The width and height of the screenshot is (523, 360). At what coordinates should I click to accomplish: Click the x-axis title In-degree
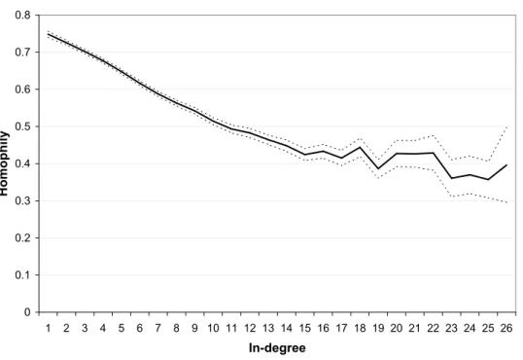click(277, 348)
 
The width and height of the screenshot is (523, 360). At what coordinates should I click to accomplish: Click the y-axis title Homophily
click(3, 163)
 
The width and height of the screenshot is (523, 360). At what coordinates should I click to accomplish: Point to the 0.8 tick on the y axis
click(22, 16)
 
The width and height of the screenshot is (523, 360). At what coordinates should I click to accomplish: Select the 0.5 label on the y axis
click(22, 126)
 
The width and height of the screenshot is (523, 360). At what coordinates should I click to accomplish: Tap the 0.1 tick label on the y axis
click(22, 275)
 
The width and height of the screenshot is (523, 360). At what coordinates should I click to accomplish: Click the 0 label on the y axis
click(27, 312)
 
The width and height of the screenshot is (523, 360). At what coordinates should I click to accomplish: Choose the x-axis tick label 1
click(48, 328)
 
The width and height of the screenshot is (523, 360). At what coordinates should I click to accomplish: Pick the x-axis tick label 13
click(268, 328)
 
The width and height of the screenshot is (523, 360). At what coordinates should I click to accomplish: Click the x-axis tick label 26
click(506, 328)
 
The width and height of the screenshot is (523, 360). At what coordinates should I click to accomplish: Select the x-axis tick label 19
click(378, 328)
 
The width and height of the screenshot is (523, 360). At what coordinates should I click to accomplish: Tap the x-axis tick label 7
click(158, 328)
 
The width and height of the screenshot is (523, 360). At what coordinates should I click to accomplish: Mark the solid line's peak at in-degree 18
click(360, 147)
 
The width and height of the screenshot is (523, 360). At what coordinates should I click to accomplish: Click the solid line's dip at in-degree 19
click(378, 168)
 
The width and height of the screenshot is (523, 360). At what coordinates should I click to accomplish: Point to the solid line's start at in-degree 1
click(48, 34)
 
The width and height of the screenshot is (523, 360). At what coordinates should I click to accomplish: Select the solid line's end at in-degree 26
click(506, 164)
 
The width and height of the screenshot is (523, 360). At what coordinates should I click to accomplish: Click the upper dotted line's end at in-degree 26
click(506, 126)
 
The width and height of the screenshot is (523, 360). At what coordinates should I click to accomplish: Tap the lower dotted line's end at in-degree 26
click(506, 202)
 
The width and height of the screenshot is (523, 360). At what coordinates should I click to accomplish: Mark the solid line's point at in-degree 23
click(452, 178)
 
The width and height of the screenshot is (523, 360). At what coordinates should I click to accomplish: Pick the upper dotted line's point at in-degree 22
click(434, 135)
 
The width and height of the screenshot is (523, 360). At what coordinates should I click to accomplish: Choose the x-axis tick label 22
click(433, 328)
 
